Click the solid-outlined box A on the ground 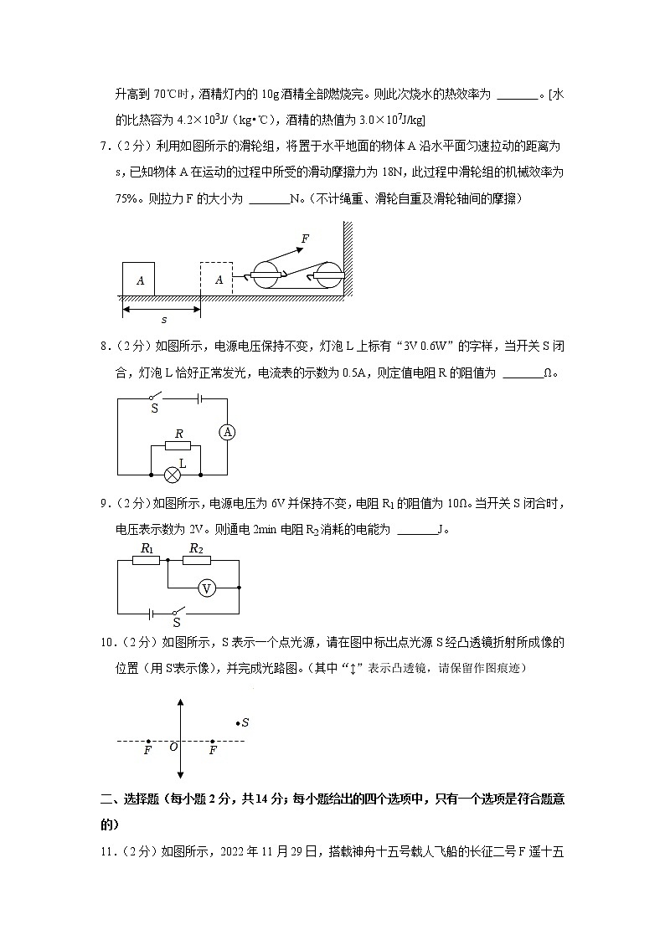point(139,279)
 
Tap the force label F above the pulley point(305,239)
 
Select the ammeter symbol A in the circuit point(227,432)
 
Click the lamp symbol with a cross point(172,475)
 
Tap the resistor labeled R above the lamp point(178,445)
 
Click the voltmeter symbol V point(206,588)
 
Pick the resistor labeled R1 point(147,560)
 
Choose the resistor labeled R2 point(196,560)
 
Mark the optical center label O point(173,747)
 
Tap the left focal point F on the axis point(148,742)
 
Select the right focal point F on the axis point(213,742)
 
